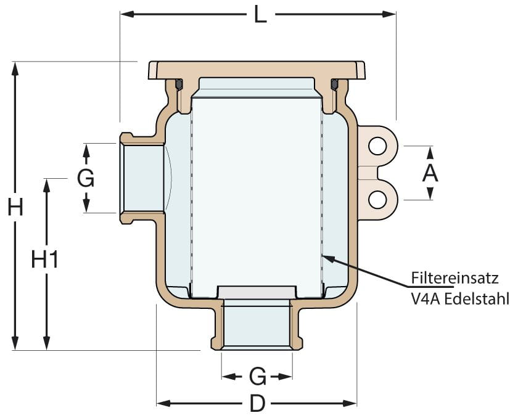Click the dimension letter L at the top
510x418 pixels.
pos(260,14)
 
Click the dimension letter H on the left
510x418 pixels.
pos(15,207)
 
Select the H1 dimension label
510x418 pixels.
pos(45,260)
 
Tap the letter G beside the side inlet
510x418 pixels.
pos(86,179)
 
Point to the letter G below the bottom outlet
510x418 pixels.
pos(257,375)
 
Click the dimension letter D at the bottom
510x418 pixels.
pos(257,404)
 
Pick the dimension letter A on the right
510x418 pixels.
pos(430,173)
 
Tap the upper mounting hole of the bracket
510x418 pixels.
pos(377,145)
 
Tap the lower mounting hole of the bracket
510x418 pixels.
pos(377,199)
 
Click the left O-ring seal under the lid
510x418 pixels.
pos(179,83)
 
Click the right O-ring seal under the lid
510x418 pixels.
pos(334,83)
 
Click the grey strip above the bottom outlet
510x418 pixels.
pos(257,292)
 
